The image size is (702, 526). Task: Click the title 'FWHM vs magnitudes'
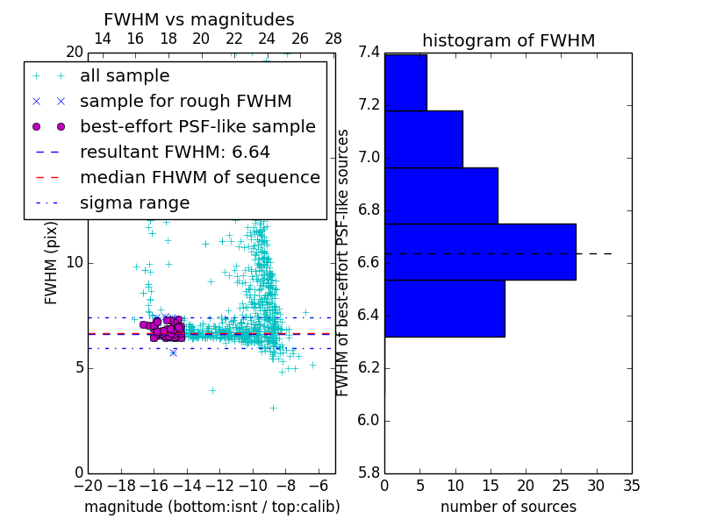point(199,19)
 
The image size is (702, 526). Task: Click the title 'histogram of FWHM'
point(508,40)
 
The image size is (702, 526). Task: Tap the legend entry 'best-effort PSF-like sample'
point(197,126)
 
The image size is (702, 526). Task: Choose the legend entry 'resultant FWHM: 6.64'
point(175,152)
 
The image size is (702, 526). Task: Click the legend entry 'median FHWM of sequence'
point(199,177)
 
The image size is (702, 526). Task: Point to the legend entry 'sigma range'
point(134,203)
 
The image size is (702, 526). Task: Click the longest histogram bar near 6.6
point(480,252)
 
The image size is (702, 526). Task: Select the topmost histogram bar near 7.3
point(405,82)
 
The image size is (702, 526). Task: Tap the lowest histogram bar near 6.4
point(444,308)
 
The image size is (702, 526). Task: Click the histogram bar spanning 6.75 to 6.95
point(441,195)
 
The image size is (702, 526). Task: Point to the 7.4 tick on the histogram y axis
point(369,53)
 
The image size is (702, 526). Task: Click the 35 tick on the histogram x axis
point(632,486)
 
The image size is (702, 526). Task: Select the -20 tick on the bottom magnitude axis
point(88,486)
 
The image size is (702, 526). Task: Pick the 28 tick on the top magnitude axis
point(333,39)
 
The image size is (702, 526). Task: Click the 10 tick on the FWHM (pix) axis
point(75,262)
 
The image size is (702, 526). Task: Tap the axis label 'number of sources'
point(508,507)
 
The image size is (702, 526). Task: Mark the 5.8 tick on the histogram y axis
point(369,473)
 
